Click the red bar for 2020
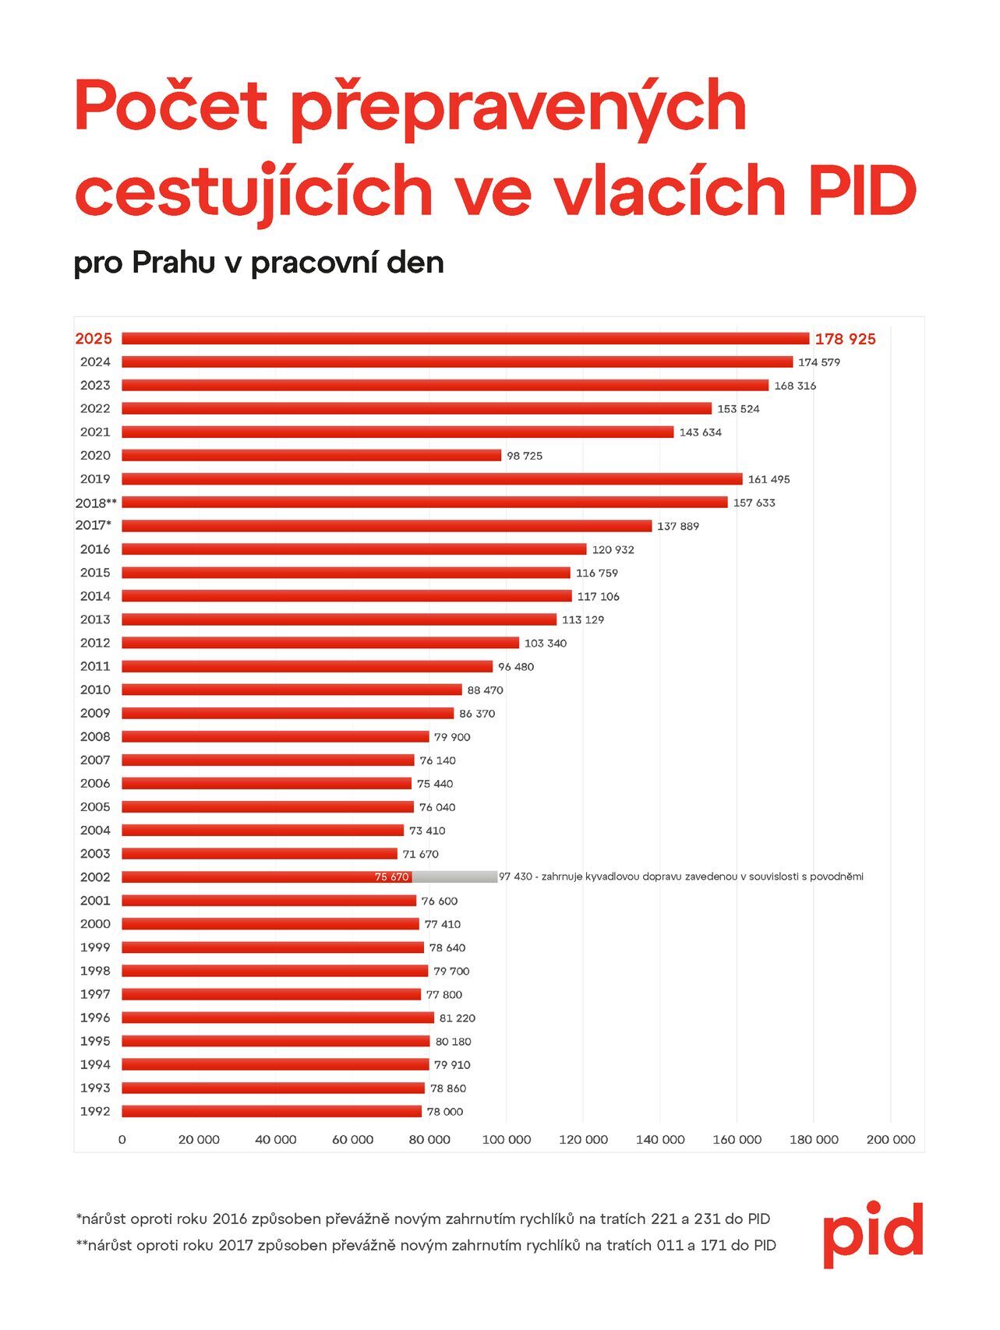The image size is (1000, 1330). pyautogui.click(x=311, y=455)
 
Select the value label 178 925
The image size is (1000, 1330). pyautogui.click(x=845, y=339)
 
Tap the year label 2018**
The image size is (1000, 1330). pyautogui.click(x=96, y=503)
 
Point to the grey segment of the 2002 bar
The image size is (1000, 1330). pyautogui.click(x=454, y=877)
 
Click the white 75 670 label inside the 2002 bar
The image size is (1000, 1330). pyautogui.click(x=391, y=877)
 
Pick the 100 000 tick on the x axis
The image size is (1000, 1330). pyautogui.click(x=506, y=1139)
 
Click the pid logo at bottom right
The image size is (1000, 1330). pyautogui.click(x=872, y=1233)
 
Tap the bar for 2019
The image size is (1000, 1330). pyautogui.click(x=432, y=478)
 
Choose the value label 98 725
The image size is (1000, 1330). pyautogui.click(x=525, y=456)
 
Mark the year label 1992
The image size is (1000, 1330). pyautogui.click(x=95, y=1111)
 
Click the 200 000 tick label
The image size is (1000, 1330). pyautogui.click(x=890, y=1139)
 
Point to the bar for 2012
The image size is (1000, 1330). pyautogui.click(x=320, y=643)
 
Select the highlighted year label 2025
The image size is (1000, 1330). pyautogui.click(x=94, y=338)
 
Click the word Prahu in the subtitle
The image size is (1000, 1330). pyautogui.click(x=173, y=263)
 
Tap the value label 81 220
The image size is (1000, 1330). pyautogui.click(x=457, y=1018)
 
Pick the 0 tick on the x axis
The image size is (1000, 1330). pyautogui.click(x=122, y=1139)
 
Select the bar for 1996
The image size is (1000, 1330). pyautogui.click(x=277, y=1018)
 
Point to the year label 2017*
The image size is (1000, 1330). pyautogui.click(x=94, y=525)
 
